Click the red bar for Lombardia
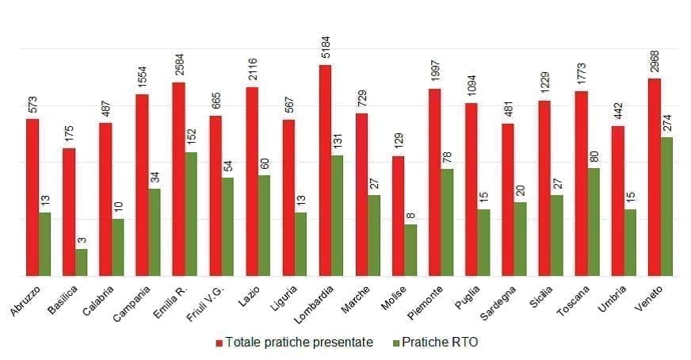pyautogui.click(x=325, y=170)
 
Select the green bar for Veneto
pyautogui.click(x=667, y=206)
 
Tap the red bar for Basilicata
pyautogui.click(x=69, y=212)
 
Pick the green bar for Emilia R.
pyautogui.click(x=191, y=214)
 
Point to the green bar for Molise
pyautogui.click(x=410, y=250)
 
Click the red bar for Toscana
pyautogui.click(x=581, y=183)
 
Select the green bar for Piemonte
pyautogui.click(x=448, y=222)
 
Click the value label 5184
pyautogui.click(x=326, y=45)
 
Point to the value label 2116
pyautogui.click(x=252, y=68)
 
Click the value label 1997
pyautogui.click(x=435, y=70)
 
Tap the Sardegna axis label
pyautogui.click(x=500, y=304)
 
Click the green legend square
pyautogui.click(x=395, y=343)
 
